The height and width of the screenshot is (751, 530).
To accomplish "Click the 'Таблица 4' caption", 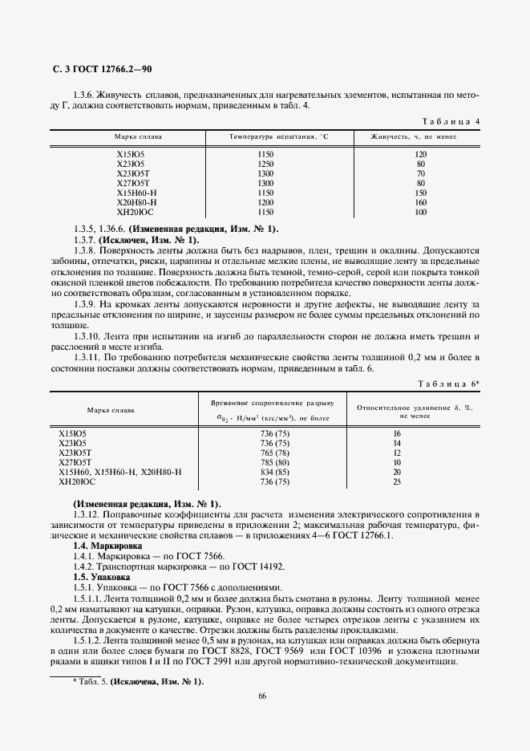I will tap(450, 120).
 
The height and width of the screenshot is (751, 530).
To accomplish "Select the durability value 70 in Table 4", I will tap(420, 173).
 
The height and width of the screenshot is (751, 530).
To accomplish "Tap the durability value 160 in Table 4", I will tap(420, 203).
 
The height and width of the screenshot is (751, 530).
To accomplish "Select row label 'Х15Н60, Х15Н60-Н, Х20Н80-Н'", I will tap(120, 472).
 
